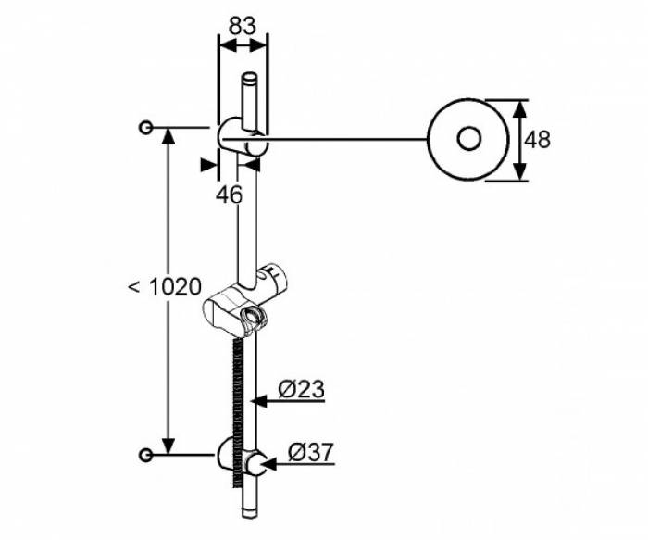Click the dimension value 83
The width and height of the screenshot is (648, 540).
point(242,26)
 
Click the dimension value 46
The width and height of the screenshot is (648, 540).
point(229,195)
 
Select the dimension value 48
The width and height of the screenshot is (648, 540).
point(537,140)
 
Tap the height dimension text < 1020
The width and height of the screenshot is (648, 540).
point(164,287)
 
